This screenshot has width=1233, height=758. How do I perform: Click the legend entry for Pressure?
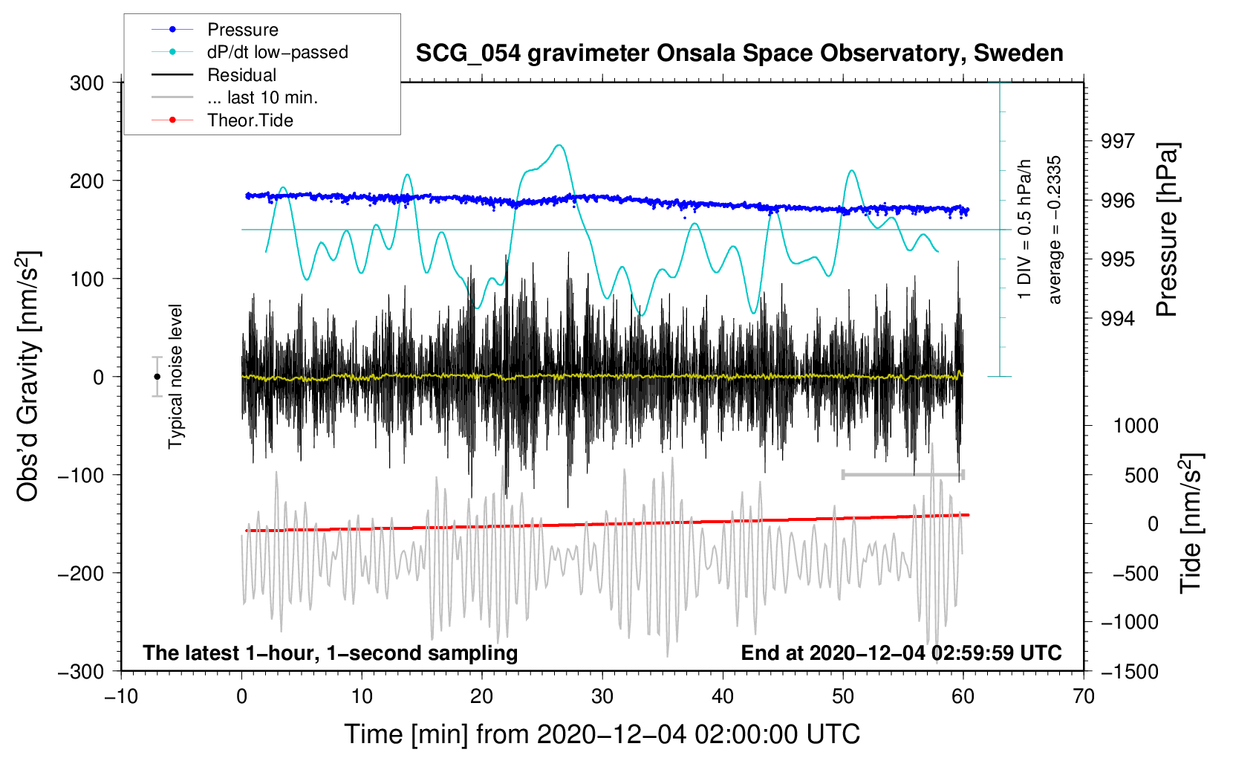click(215, 29)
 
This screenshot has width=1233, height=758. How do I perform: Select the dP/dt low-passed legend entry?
click(250, 52)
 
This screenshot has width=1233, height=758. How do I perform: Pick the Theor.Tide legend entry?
click(222, 120)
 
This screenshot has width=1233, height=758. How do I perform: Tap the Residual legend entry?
click(214, 75)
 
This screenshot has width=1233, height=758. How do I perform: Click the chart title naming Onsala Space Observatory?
click(739, 54)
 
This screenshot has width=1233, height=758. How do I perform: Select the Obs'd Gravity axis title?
click(27, 376)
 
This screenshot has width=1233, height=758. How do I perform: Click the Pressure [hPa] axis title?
click(1166, 230)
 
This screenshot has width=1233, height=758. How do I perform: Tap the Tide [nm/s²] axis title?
click(1191, 524)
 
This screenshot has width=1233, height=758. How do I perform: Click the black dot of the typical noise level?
click(157, 377)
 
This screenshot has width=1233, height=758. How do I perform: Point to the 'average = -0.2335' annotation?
click(1053, 230)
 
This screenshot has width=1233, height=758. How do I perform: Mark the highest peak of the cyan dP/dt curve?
click(559, 145)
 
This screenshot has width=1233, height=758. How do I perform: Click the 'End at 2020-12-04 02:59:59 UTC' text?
click(901, 652)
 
